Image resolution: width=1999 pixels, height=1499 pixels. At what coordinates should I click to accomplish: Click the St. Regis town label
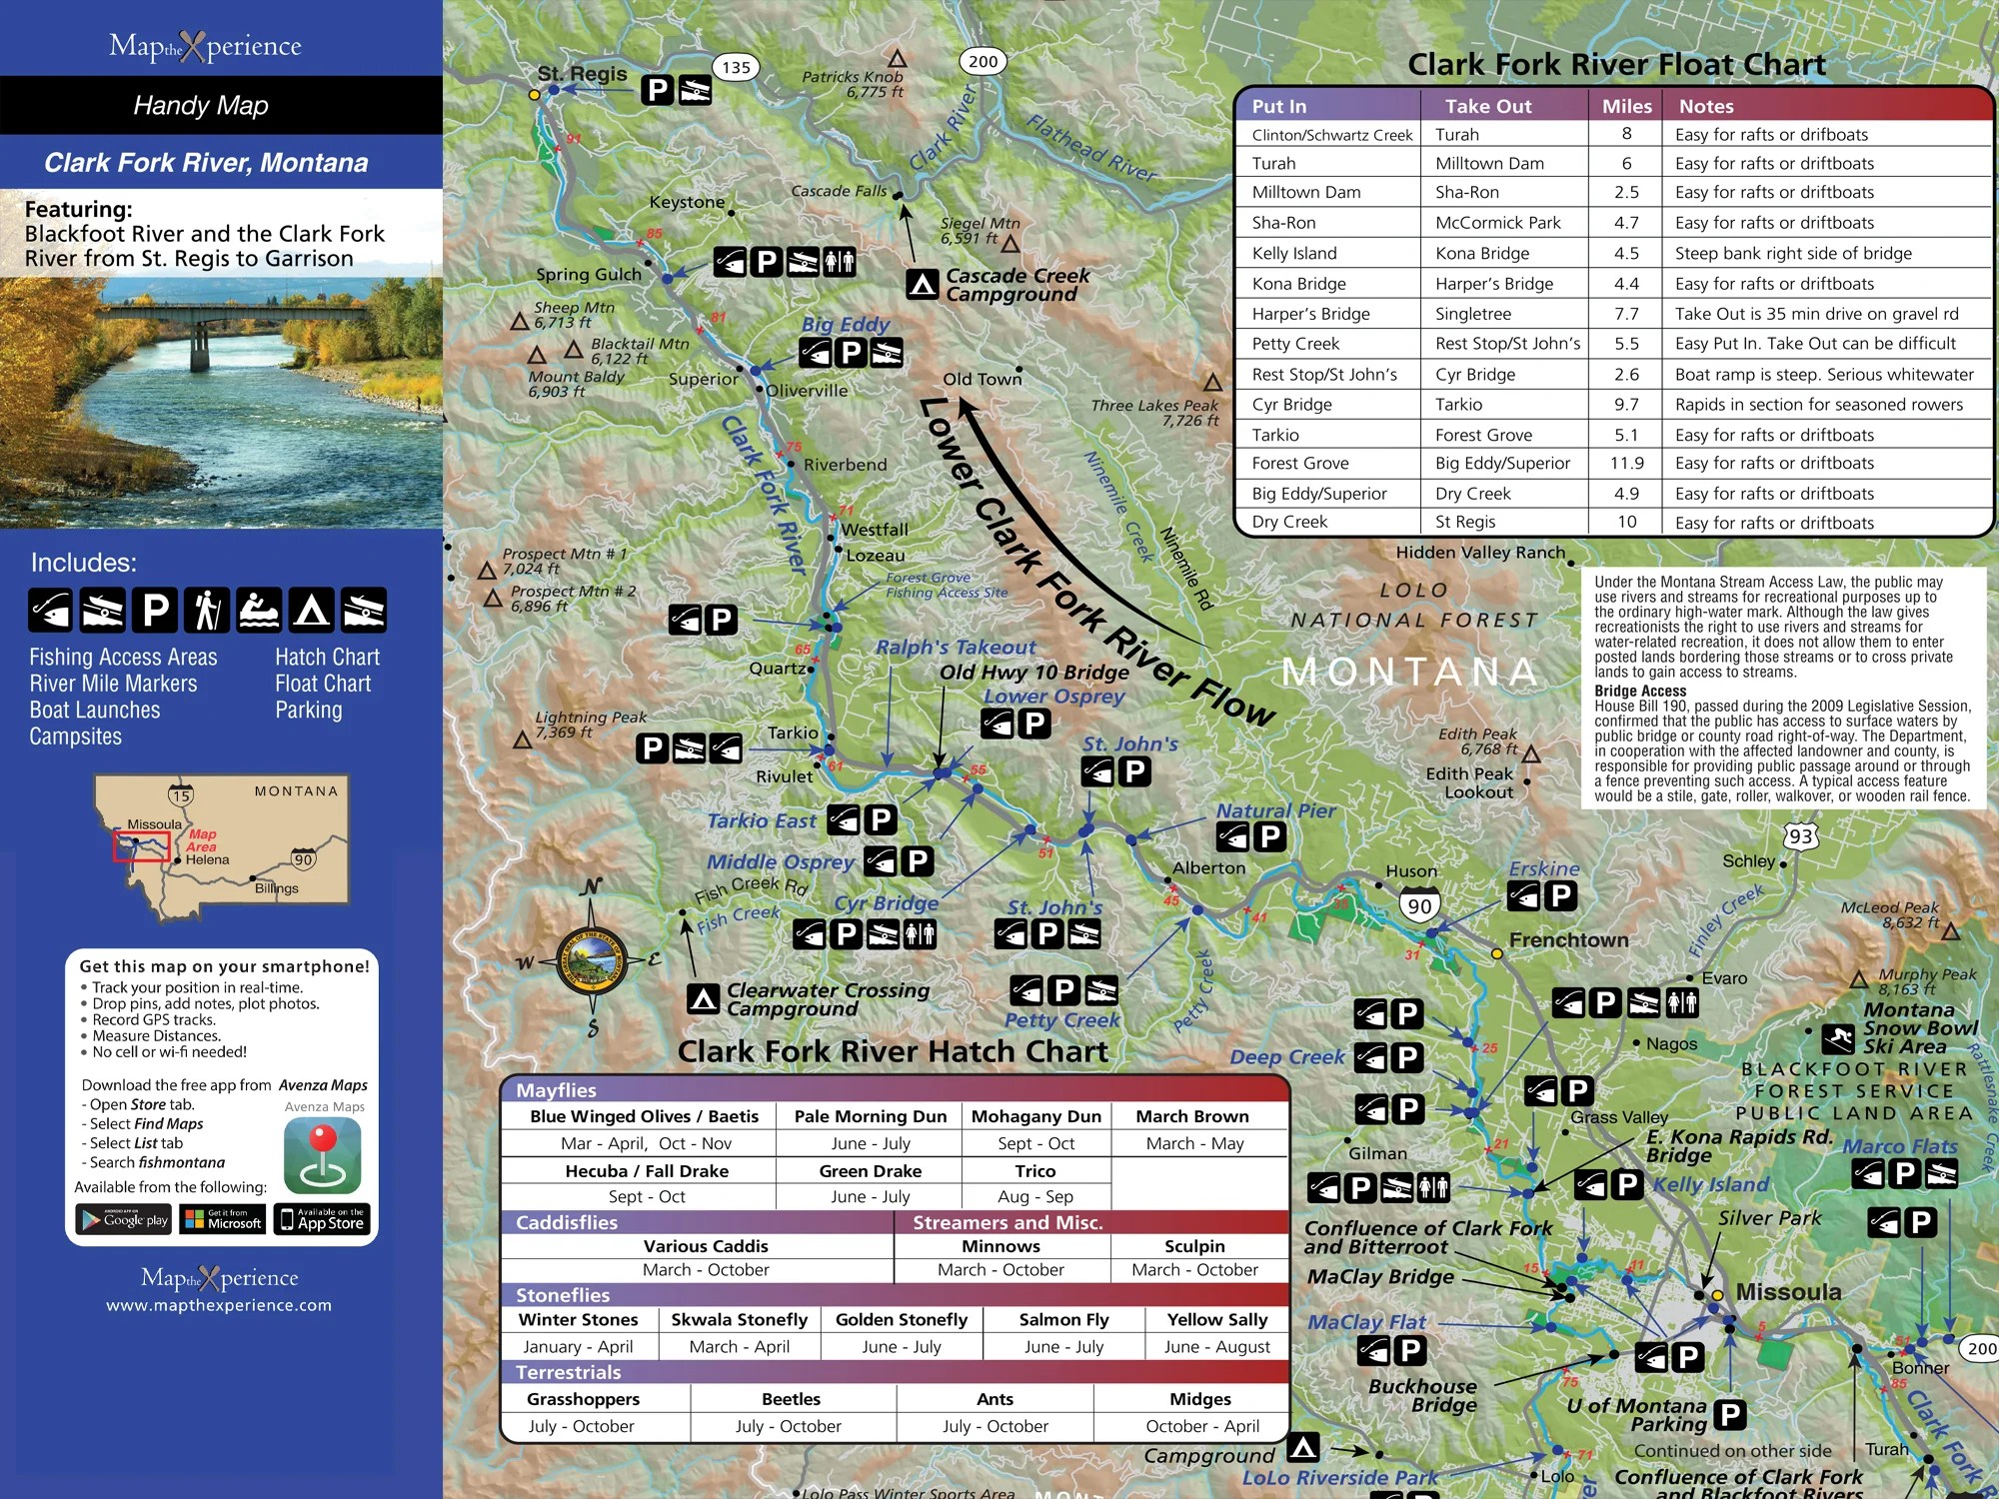tap(582, 74)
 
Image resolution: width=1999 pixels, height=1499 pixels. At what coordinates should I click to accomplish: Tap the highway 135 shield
tap(736, 68)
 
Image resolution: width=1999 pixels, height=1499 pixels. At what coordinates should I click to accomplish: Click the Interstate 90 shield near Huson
tap(1419, 905)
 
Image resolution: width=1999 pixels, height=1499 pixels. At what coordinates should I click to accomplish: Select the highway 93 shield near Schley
tap(1800, 836)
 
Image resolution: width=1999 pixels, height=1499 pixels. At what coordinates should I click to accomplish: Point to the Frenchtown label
tap(1568, 940)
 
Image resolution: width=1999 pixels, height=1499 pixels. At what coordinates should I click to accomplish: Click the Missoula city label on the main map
tap(1788, 1292)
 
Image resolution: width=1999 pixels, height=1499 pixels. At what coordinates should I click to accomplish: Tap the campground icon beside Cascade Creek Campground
tap(922, 285)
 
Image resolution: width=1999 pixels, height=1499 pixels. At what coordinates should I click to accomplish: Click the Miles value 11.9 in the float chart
tap(1626, 464)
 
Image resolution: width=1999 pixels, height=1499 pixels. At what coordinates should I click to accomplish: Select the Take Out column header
tap(1487, 106)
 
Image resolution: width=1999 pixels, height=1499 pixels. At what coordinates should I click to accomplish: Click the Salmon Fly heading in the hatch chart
tap(1063, 1320)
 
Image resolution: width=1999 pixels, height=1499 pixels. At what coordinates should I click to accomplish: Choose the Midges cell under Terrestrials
tap(1200, 1400)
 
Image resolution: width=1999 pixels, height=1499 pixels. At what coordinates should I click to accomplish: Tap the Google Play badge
tap(125, 1219)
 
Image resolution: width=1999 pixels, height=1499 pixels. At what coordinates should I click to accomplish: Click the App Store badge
tap(322, 1219)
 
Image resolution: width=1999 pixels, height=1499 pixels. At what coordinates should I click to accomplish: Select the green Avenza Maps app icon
tap(322, 1155)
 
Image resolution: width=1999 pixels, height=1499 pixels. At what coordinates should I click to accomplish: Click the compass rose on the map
tap(591, 961)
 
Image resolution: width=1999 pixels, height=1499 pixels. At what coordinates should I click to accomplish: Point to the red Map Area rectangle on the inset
tap(141, 845)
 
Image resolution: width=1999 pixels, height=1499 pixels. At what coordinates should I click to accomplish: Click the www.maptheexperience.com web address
tap(219, 1305)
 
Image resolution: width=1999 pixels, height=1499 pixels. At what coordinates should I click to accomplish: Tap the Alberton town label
tap(1208, 868)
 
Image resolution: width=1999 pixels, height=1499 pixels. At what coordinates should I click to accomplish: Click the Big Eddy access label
tap(845, 325)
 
